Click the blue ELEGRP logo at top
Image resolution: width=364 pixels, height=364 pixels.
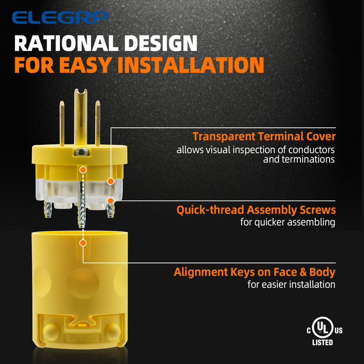click(60, 18)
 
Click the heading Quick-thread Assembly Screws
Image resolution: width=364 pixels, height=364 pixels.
click(256, 210)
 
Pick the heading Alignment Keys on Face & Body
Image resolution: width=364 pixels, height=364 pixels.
click(254, 272)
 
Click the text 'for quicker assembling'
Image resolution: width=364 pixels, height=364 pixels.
click(287, 222)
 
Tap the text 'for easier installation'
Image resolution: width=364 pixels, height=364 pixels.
click(291, 284)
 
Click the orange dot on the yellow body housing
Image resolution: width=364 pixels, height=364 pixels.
click(83, 243)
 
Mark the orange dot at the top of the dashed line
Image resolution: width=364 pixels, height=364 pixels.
click(83, 170)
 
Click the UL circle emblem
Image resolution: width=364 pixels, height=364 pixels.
click(322, 329)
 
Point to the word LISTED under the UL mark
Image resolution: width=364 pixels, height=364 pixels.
click(322, 343)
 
